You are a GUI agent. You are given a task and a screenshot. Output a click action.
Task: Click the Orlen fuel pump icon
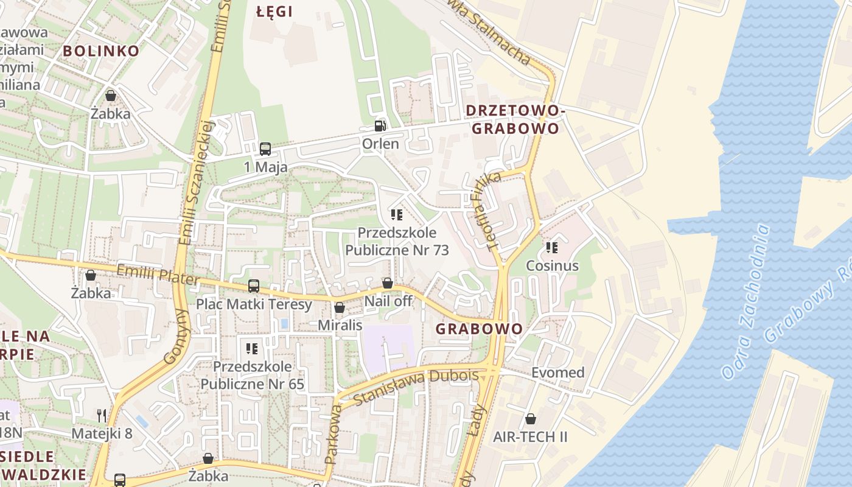[x=380, y=126]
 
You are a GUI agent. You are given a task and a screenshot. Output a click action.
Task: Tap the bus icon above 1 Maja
[x=265, y=149]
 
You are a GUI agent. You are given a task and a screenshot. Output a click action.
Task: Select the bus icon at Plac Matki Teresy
[x=254, y=286]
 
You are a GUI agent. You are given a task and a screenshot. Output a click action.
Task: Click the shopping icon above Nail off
[x=388, y=283]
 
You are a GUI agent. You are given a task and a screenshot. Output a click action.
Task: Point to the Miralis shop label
[x=340, y=325]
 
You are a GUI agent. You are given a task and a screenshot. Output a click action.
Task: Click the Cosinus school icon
[x=552, y=248]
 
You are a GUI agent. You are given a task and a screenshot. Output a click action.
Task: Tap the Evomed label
[x=557, y=373]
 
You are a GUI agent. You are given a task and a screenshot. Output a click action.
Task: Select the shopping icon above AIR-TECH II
[x=531, y=419]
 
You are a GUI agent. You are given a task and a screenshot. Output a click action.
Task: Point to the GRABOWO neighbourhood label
[x=479, y=329]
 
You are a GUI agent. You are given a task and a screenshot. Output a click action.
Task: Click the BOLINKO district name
[x=102, y=51]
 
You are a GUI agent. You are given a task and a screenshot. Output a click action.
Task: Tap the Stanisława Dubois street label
[x=416, y=388]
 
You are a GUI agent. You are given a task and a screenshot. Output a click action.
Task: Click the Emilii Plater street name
[x=158, y=275]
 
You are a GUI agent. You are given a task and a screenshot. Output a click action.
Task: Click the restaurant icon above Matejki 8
[x=102, y=416]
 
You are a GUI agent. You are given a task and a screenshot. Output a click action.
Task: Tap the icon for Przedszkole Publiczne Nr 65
[x=252, y=349]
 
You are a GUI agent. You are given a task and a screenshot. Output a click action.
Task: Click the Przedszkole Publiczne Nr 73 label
[x=397, y=241]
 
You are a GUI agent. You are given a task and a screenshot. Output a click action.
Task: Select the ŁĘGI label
[x=274, y=12]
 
